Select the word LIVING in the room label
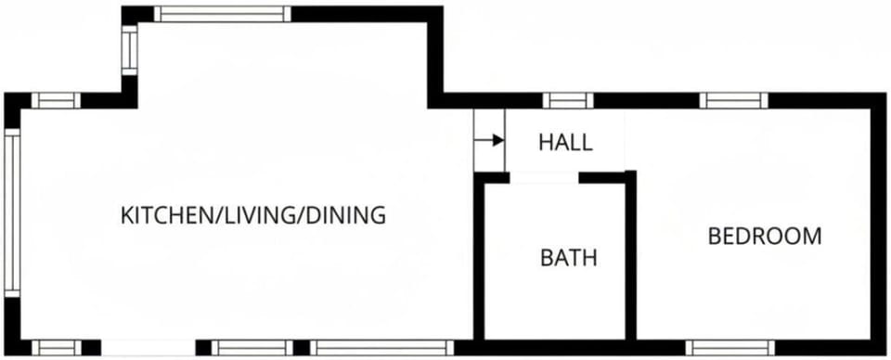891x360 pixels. click(255, 216)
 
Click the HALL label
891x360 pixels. click(565, 143)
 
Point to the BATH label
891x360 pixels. click(569, 258)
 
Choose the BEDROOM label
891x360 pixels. click(764, 237)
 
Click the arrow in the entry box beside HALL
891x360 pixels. click(489, 140)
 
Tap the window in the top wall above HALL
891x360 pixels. click(568, 100)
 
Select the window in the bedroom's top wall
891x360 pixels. click(733, 100)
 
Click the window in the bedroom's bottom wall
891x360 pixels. click(730, 348)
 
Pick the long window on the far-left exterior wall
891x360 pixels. click(12, 212)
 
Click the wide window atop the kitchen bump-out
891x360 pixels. click(222, 14)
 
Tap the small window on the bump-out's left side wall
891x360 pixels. click(129, 49)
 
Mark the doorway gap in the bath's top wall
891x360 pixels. click(544, 177)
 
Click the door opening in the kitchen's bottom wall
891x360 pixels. click(148, 348)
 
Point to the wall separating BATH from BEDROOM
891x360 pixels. click(630, 260)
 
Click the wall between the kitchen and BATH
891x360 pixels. click(479, 260)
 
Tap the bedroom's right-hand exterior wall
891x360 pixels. click(878, 223)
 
